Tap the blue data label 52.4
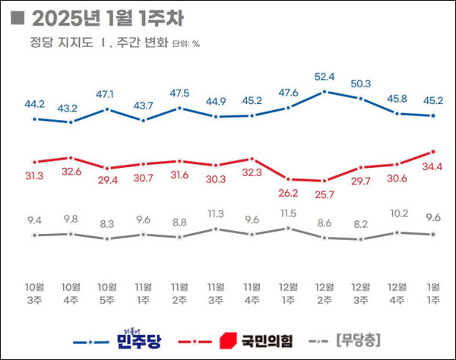pyautogui.click(x=325, y=77)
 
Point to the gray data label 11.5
pyautogui.click(x=288, y=213)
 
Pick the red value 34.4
pyautogui.click(x=432, y=166)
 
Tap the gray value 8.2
pyautogui.click(x=360, y=225)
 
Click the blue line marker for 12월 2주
pyautogui.click(x=325, y=92)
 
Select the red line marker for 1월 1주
pyautogui.click(x=432, y=152)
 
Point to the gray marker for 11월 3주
pyautogui.click(x=216, y=229)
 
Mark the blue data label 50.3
pyautogui.click(x=360, y=84)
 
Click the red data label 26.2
pyautogui.click(x=288, y=193)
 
